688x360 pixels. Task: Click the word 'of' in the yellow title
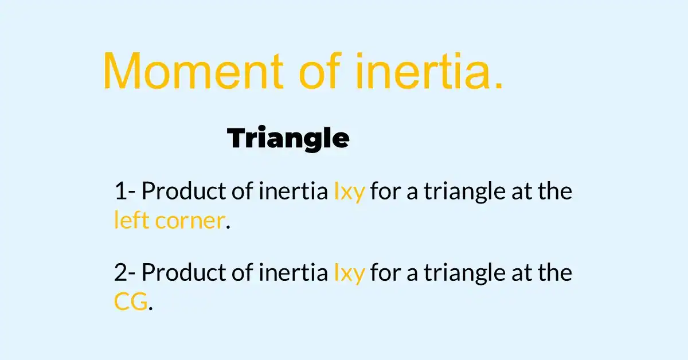pos(320,71)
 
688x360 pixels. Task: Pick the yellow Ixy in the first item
pos(349,192)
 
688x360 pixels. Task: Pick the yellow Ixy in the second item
pos(349,273)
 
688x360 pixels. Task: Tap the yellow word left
pos(132,221)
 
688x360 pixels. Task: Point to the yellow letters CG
pos(131,302)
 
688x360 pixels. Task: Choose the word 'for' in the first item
pos(384,191)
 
